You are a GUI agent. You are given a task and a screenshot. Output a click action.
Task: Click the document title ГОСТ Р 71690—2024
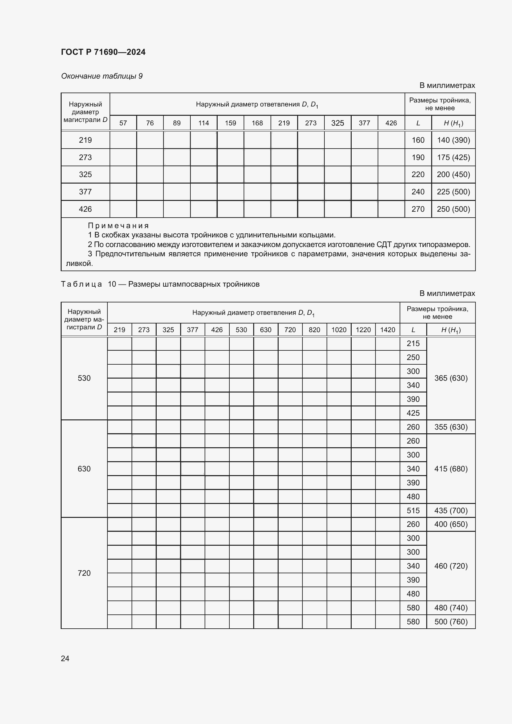103,52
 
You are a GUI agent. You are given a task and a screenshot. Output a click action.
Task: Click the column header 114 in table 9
203,123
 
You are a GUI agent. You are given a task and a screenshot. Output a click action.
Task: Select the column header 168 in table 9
257,123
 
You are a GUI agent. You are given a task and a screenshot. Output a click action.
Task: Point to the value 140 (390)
453,140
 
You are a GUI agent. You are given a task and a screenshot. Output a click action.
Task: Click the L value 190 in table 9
418,157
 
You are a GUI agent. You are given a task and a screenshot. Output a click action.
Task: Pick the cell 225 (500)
453,192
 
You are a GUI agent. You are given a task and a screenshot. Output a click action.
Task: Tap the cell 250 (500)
453,209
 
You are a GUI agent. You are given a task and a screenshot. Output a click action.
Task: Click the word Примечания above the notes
118,225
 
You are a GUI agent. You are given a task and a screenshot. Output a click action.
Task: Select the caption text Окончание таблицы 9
102,76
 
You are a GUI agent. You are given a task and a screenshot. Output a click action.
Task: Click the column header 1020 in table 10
339,330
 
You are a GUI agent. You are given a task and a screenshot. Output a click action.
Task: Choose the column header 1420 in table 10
388,330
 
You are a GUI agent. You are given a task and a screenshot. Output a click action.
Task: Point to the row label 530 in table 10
84,378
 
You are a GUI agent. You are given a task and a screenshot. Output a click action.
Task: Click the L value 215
413,343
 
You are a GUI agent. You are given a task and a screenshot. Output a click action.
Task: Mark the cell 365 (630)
451,378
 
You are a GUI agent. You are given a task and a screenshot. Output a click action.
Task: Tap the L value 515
413,510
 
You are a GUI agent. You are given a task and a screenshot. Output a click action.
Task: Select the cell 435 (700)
451,510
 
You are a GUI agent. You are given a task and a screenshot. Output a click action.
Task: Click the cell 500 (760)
451,622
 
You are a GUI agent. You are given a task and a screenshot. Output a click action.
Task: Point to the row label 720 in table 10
84,573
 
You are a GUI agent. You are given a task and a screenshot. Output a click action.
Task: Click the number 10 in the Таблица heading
112,284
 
